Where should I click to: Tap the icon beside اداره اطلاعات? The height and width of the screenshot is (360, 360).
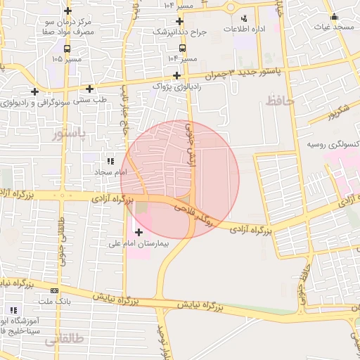[244, 18]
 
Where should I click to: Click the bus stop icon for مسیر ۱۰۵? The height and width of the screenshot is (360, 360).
[67, 49]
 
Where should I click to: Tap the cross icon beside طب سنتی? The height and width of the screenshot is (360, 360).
[90, 89]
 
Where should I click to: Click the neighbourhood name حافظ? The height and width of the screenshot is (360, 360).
[281, 103]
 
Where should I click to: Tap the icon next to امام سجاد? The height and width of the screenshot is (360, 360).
[110, 161]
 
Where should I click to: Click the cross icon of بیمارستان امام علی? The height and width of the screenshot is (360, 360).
[139, 232]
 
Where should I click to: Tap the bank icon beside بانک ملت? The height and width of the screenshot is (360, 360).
[54, 290]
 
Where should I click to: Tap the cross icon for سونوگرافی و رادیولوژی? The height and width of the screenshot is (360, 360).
[34, 91]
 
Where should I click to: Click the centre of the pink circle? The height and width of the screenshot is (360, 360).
[180, 179]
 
